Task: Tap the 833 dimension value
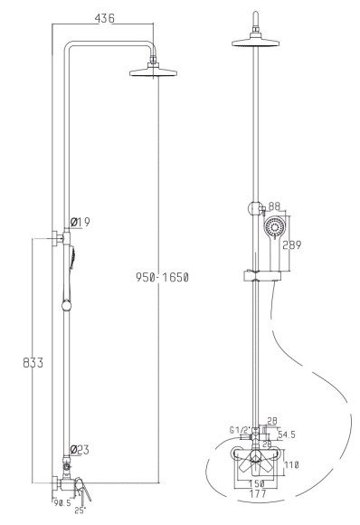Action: click(x=33, y=363)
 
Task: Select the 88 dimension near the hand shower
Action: click(x=275, y=206)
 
